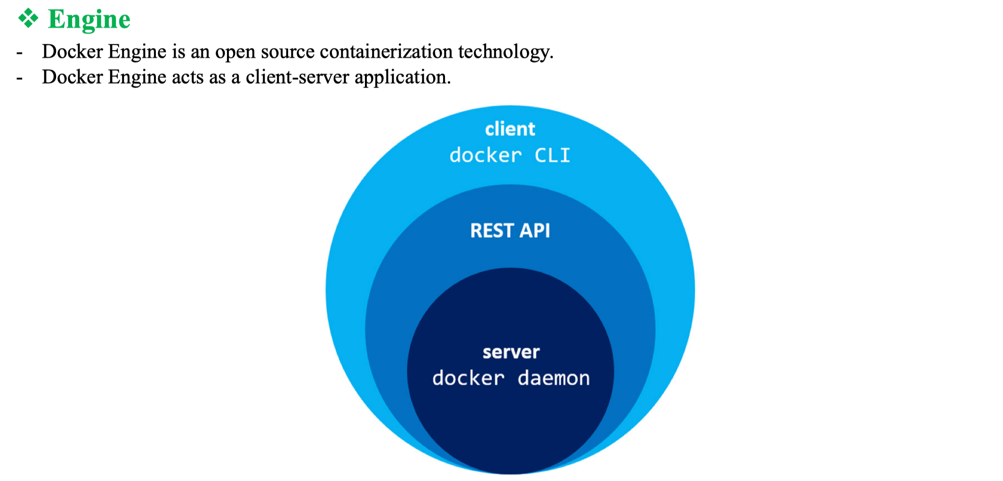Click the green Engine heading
point(89,19)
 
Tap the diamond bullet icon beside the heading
point(28,18)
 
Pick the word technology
point(505,52)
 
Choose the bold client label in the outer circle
point(510,129)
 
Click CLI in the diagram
point(552,155)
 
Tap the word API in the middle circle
point(535,231)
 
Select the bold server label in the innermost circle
point(511,352)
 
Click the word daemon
point(554,378)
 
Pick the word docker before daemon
point(468,378)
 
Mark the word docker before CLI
point(485,155)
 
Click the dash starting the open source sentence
point(19,53)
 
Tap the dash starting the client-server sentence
point(19,79)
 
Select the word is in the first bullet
point(178,51)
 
